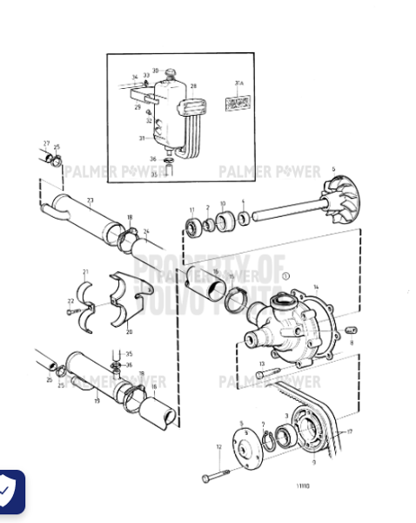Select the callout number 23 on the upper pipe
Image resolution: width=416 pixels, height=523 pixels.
(90, 200)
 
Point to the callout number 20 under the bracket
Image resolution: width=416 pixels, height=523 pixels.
(130, 331)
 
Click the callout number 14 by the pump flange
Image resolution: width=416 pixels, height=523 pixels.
(316, 287)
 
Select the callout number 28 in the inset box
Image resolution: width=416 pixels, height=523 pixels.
(194, 86)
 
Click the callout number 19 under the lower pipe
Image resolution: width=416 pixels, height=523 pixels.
(97, 400)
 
